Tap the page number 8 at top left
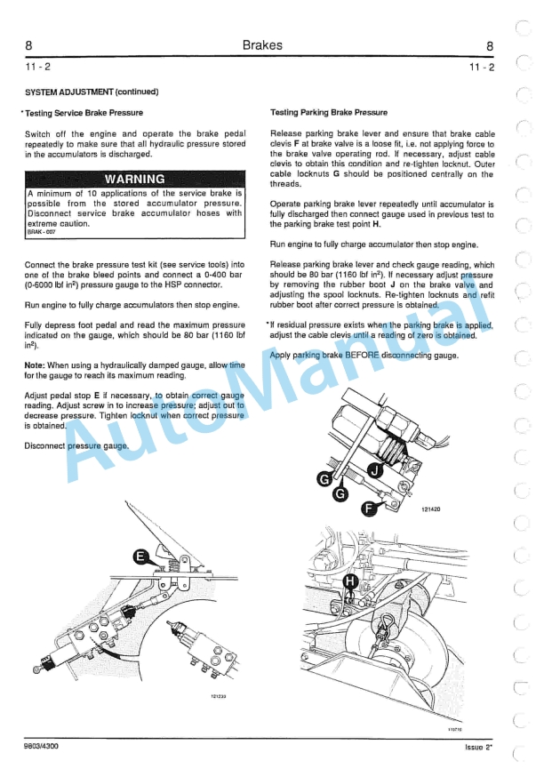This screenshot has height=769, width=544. [x=29, y=46]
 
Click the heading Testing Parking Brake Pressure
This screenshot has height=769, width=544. [x=328, y=113]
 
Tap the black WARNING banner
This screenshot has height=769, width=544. [x=134, y=179]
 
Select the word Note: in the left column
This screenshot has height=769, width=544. [x=35, y=365]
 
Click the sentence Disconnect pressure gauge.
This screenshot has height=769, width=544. [x=77, y=445]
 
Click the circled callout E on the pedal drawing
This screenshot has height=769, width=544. [x=140, y=557]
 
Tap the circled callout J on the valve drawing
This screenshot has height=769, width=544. [x=375, y=470]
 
